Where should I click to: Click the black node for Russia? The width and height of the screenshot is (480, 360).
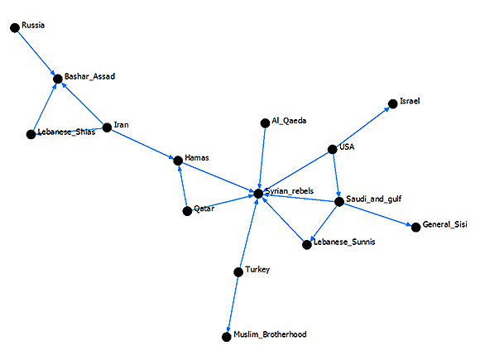tap(15, 28)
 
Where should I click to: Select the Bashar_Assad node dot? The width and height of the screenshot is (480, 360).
tap(58, 79)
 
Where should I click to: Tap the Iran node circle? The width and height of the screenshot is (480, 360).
tap(107, 127)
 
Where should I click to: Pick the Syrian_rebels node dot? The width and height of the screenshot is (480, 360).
tap(258, 194)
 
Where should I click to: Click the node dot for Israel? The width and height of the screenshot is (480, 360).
tap(393, 104)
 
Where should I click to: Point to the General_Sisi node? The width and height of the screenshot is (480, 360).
tap(415, 228)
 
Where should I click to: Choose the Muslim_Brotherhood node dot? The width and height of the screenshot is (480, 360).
tap(226, 337)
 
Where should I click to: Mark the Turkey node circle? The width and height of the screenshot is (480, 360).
tap(238, 271)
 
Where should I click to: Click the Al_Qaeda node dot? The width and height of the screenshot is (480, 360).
tap(265, 123)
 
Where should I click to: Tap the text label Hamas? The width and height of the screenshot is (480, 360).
tap(197, 158)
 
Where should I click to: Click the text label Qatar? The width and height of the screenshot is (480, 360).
tap(204, 209)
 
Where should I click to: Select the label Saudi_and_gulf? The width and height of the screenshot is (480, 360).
tap(374, 199)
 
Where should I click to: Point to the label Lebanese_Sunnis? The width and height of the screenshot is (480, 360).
tap(344, 242)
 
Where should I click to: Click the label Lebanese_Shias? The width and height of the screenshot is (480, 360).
tap(66, 132)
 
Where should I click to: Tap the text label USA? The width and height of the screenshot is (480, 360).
tap(347, 147)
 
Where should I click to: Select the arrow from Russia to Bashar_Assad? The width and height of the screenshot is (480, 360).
tap(36, 53)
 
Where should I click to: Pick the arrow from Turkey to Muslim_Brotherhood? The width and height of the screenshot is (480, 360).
tap(233, 305)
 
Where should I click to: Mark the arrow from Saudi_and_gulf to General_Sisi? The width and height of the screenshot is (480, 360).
tap(377, 214)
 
